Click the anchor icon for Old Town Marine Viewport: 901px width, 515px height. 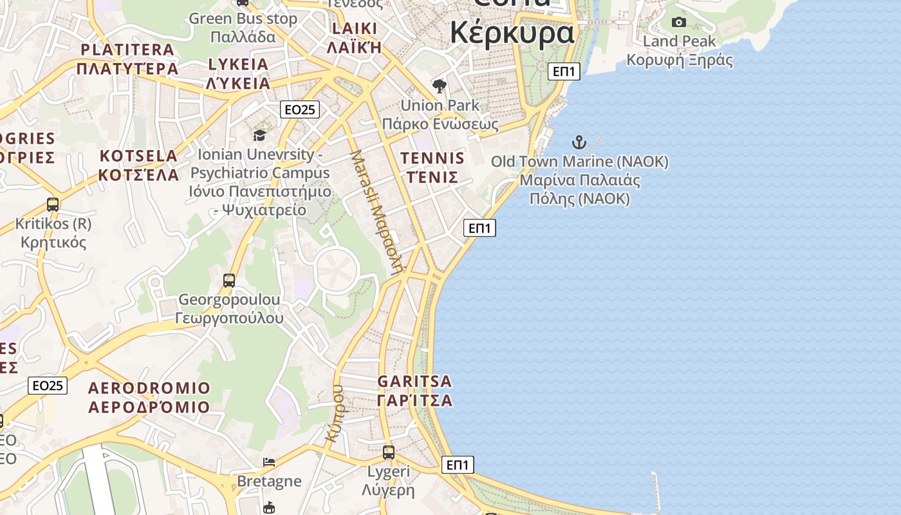[579, 142]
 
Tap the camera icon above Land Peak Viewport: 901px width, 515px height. [678, 23]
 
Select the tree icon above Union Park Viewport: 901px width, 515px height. [440, 86]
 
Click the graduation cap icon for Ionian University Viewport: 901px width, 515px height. [259, 135]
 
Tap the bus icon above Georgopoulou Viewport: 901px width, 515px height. [229, 281]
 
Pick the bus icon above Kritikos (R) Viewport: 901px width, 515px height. [53, 205]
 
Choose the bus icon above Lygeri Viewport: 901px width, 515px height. [389, 453]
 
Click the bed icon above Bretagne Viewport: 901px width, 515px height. [269, 462]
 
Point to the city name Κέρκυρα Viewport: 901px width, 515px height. [512, 32]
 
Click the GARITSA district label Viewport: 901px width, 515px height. [415, 381]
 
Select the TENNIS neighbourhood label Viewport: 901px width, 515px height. [432, 158]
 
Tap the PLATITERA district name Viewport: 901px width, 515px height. [127, 50]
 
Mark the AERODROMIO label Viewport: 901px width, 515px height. [149, 388]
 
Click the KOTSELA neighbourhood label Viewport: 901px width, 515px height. [138, 156]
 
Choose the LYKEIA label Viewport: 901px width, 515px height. [238, 64]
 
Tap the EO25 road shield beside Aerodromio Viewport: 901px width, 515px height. [48, 386]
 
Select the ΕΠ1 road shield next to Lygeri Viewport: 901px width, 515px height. [458, 465]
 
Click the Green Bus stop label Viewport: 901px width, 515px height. [243, 19]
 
